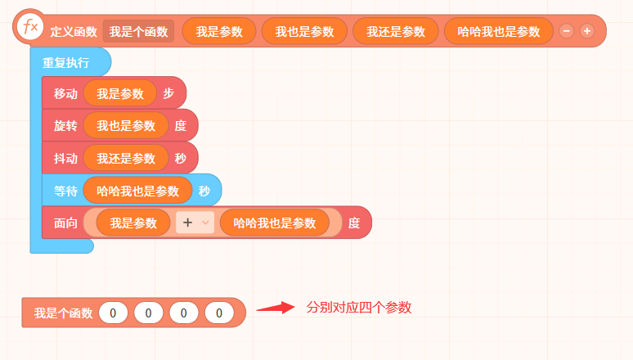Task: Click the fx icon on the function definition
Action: point(30,27)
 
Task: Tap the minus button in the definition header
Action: point(567,31)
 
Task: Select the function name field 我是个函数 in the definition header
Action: point(138,31)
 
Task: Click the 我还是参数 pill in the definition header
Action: point(396,31)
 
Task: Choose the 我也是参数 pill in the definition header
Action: point(304,31)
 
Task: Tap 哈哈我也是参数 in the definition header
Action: point(499,31)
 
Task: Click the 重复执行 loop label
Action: point(65,63)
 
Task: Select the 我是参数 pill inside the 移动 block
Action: point(120,93)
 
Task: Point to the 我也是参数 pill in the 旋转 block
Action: point(126,126)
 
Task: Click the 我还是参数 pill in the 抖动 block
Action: point(126,158)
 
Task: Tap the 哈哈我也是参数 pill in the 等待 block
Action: point(137,191)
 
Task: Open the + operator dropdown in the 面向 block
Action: point(195,223)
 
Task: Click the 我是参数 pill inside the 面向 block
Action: point(133,223)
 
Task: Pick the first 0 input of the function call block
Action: point(113,313)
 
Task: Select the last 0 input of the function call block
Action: point(219,313)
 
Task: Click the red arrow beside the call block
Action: point(276,308)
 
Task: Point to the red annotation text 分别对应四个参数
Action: point(359,308)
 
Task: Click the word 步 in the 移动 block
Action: point(168,93)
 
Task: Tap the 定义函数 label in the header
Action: point(74,32)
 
